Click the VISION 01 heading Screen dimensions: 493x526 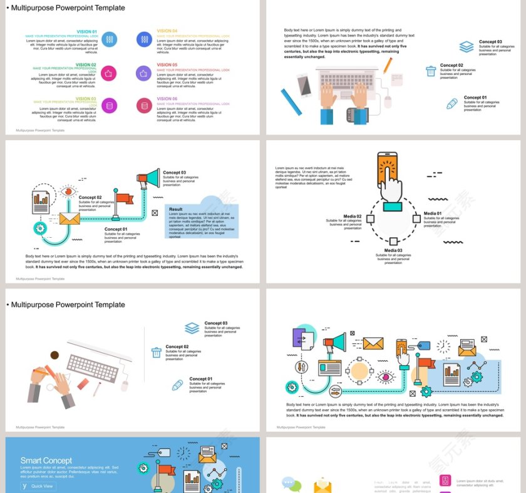(86, 31)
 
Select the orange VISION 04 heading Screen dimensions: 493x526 (167, 31)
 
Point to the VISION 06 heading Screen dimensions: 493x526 (167, 99)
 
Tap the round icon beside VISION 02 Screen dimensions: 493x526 (108, 73)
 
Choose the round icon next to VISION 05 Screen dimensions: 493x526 (144, 73)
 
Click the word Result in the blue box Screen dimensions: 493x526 (176, 210)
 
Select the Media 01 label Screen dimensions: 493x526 (432, 213)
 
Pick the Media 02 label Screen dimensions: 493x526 (353, 216)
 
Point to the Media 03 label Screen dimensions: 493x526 (393, 250)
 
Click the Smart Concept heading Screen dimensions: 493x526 (46, 460)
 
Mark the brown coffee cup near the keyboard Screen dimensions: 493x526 (54, 355)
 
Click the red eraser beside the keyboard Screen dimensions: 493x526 (83, 384)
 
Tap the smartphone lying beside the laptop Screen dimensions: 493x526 (304, 85)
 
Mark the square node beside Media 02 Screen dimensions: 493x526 (370, 219)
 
